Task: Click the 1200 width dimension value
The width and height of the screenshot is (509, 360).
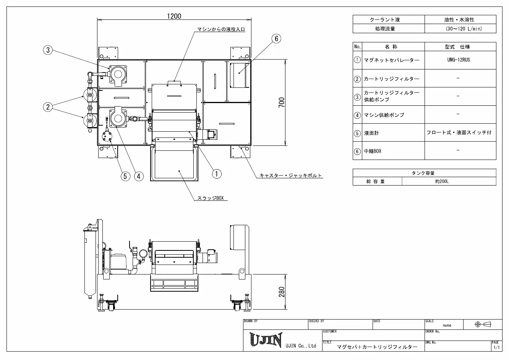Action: pyautogui.click(x=174, y=16)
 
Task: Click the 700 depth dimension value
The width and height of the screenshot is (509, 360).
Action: pyautogui.click(x=282, y=102)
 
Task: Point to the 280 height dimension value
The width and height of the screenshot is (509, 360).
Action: pyautogui.click(x=282, y=292)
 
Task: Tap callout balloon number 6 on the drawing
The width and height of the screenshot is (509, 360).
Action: pyautogui.click(x=276, y=39)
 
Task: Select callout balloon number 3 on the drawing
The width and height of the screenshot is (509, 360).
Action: pyautogui.click(x=48, y=50)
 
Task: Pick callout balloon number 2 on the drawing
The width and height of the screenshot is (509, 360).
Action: pyautogui.click(x=48, y=107)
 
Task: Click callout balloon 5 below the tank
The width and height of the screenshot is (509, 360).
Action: pyautogui.click(x=125, y=176)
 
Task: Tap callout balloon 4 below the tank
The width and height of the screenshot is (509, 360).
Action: pyautogui.click(x=139, y=176)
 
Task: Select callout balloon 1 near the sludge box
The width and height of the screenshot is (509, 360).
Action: pyautogui.click(x=217, y=174)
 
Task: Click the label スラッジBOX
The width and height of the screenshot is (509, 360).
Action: pyautogui.click(x=211, y=198)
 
